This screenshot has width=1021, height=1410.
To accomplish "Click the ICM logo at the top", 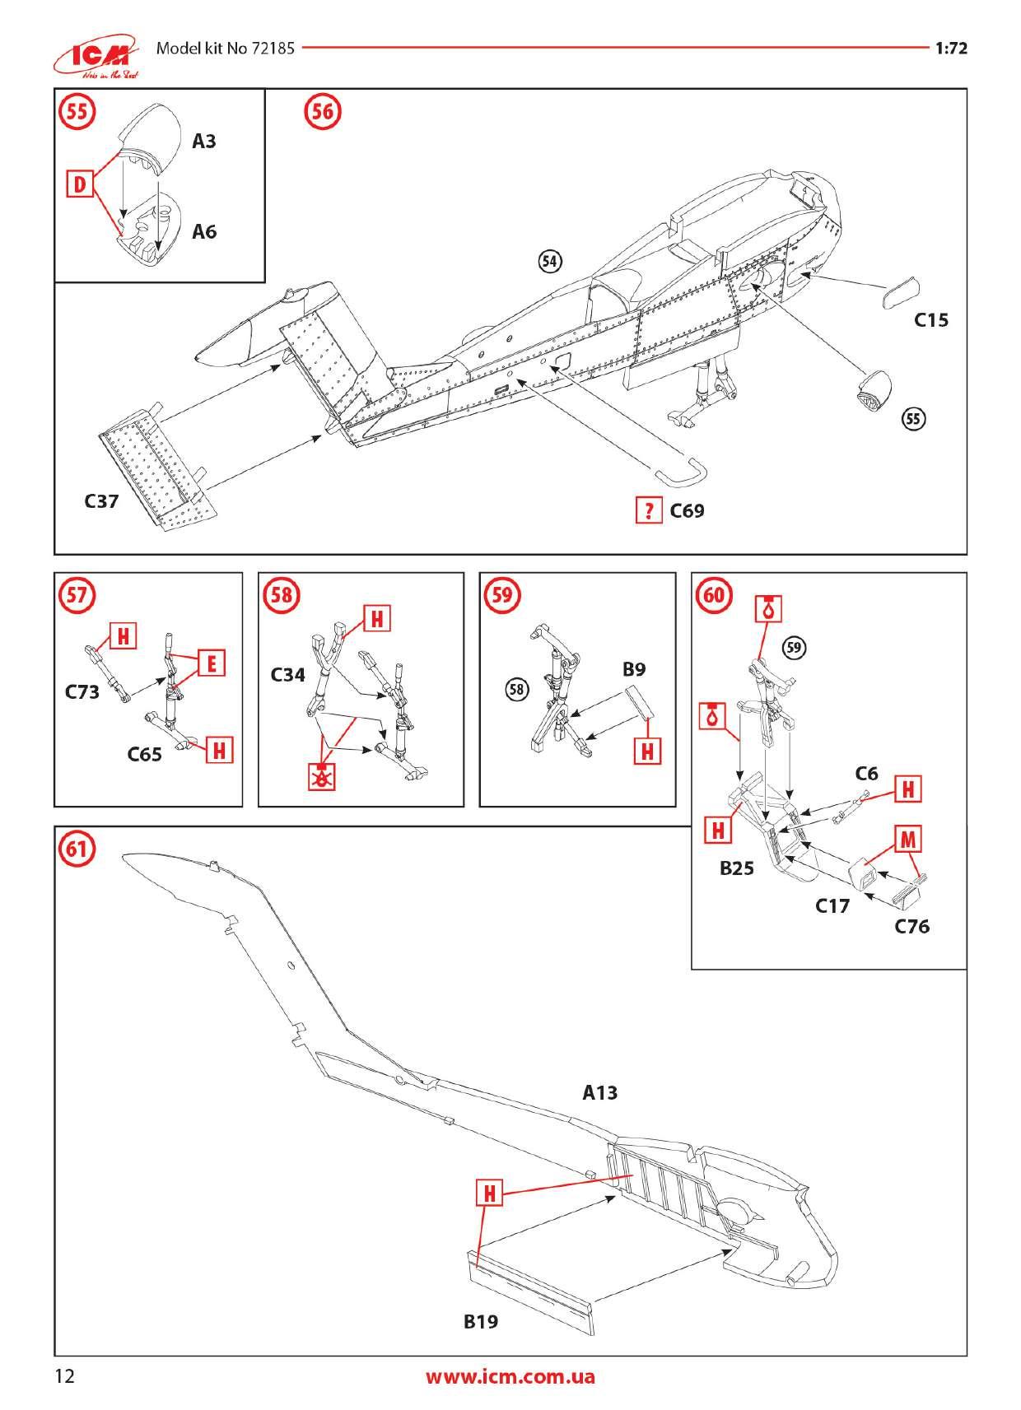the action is click(x=96, y=56).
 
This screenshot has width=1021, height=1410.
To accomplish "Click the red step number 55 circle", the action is click(x=77, y=112).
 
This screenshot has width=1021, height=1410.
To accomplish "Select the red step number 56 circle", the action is click(x=323, y=112).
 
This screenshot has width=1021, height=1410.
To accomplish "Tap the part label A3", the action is click(x=204, y=142).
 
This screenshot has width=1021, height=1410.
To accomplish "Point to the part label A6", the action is click(x=204, y=232).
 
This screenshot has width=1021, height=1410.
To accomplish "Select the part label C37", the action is click(x=101, y=501).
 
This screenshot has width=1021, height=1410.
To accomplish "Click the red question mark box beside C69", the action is click(x=649, y=510).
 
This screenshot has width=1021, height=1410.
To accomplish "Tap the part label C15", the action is click(x=931, y=320).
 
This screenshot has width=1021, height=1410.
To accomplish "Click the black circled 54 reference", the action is click(x=550, y=261).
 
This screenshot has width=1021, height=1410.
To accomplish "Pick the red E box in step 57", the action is click(x=212, y=663).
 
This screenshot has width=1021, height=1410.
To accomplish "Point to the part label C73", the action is click(x=82, y=692).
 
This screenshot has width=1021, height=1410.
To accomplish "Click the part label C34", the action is click(x=287, y=675).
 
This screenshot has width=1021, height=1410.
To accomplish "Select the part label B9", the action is click(x=634, y=669).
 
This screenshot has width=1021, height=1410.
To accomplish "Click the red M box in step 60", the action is click(x=907, y=839).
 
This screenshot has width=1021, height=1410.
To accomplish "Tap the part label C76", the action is click(x=912, y=926).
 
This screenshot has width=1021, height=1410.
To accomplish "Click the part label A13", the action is click(x=599, y=1093).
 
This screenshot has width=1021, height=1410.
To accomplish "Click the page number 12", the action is click(x=65, y=1376).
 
